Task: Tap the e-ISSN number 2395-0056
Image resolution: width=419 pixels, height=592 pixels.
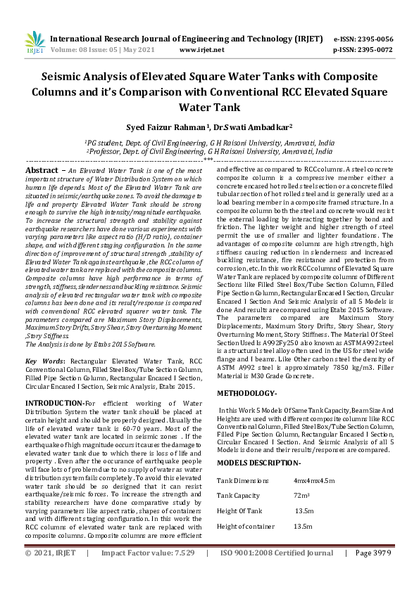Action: coord(373,39)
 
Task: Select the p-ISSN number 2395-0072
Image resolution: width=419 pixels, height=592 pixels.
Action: coord(373,51)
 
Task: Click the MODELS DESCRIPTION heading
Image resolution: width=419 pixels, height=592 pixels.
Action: coord(259,463)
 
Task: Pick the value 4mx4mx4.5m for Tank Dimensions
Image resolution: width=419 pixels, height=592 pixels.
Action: coord(314,480)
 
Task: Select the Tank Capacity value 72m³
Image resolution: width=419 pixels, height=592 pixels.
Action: coord(302,496)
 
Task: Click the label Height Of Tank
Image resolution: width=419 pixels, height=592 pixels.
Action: coord(239,511)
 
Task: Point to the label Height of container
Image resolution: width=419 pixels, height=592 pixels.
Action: coord(246,527)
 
